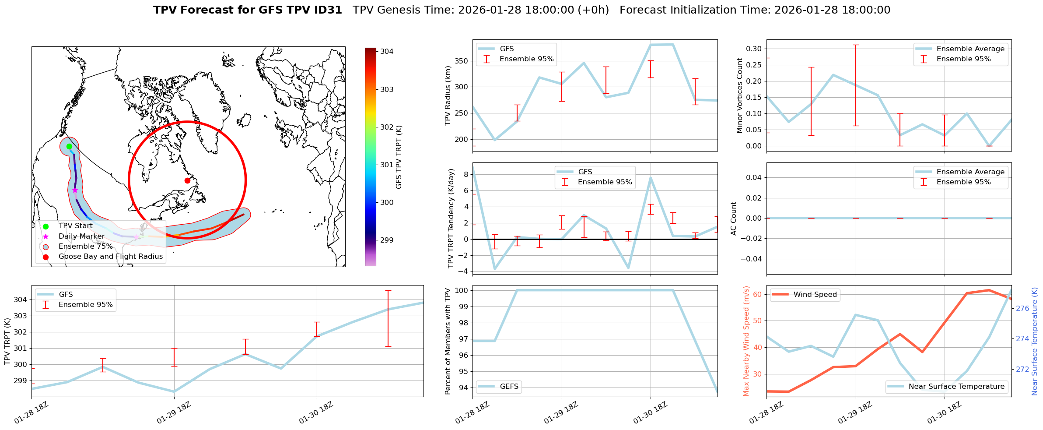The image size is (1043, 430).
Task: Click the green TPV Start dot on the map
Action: [69, 146]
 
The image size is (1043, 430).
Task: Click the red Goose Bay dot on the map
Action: [187, 180]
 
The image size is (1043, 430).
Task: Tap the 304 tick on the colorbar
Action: [387, 51]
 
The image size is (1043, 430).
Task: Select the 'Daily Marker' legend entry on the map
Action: [81, 236]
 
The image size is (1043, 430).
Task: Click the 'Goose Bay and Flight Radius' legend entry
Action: [110, 257]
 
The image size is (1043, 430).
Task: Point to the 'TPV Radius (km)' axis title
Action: [448, 95]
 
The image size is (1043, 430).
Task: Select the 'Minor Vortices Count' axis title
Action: [740, 95]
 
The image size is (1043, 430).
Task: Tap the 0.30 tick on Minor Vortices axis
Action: [754, 49]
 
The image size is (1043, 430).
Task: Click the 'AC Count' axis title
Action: [734, 219]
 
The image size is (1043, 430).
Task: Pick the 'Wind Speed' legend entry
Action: [815, 295]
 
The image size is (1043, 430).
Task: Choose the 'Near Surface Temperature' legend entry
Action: [956, 386]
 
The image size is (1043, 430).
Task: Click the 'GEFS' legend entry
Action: [509, 386]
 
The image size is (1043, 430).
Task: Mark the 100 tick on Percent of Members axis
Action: [462, 290]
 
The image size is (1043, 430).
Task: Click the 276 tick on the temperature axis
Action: [1022, 308]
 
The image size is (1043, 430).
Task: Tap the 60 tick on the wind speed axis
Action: [757, 294]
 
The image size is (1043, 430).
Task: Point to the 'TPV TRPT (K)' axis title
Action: [7, 342]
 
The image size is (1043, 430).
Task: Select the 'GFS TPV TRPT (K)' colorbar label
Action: [399, 157]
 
